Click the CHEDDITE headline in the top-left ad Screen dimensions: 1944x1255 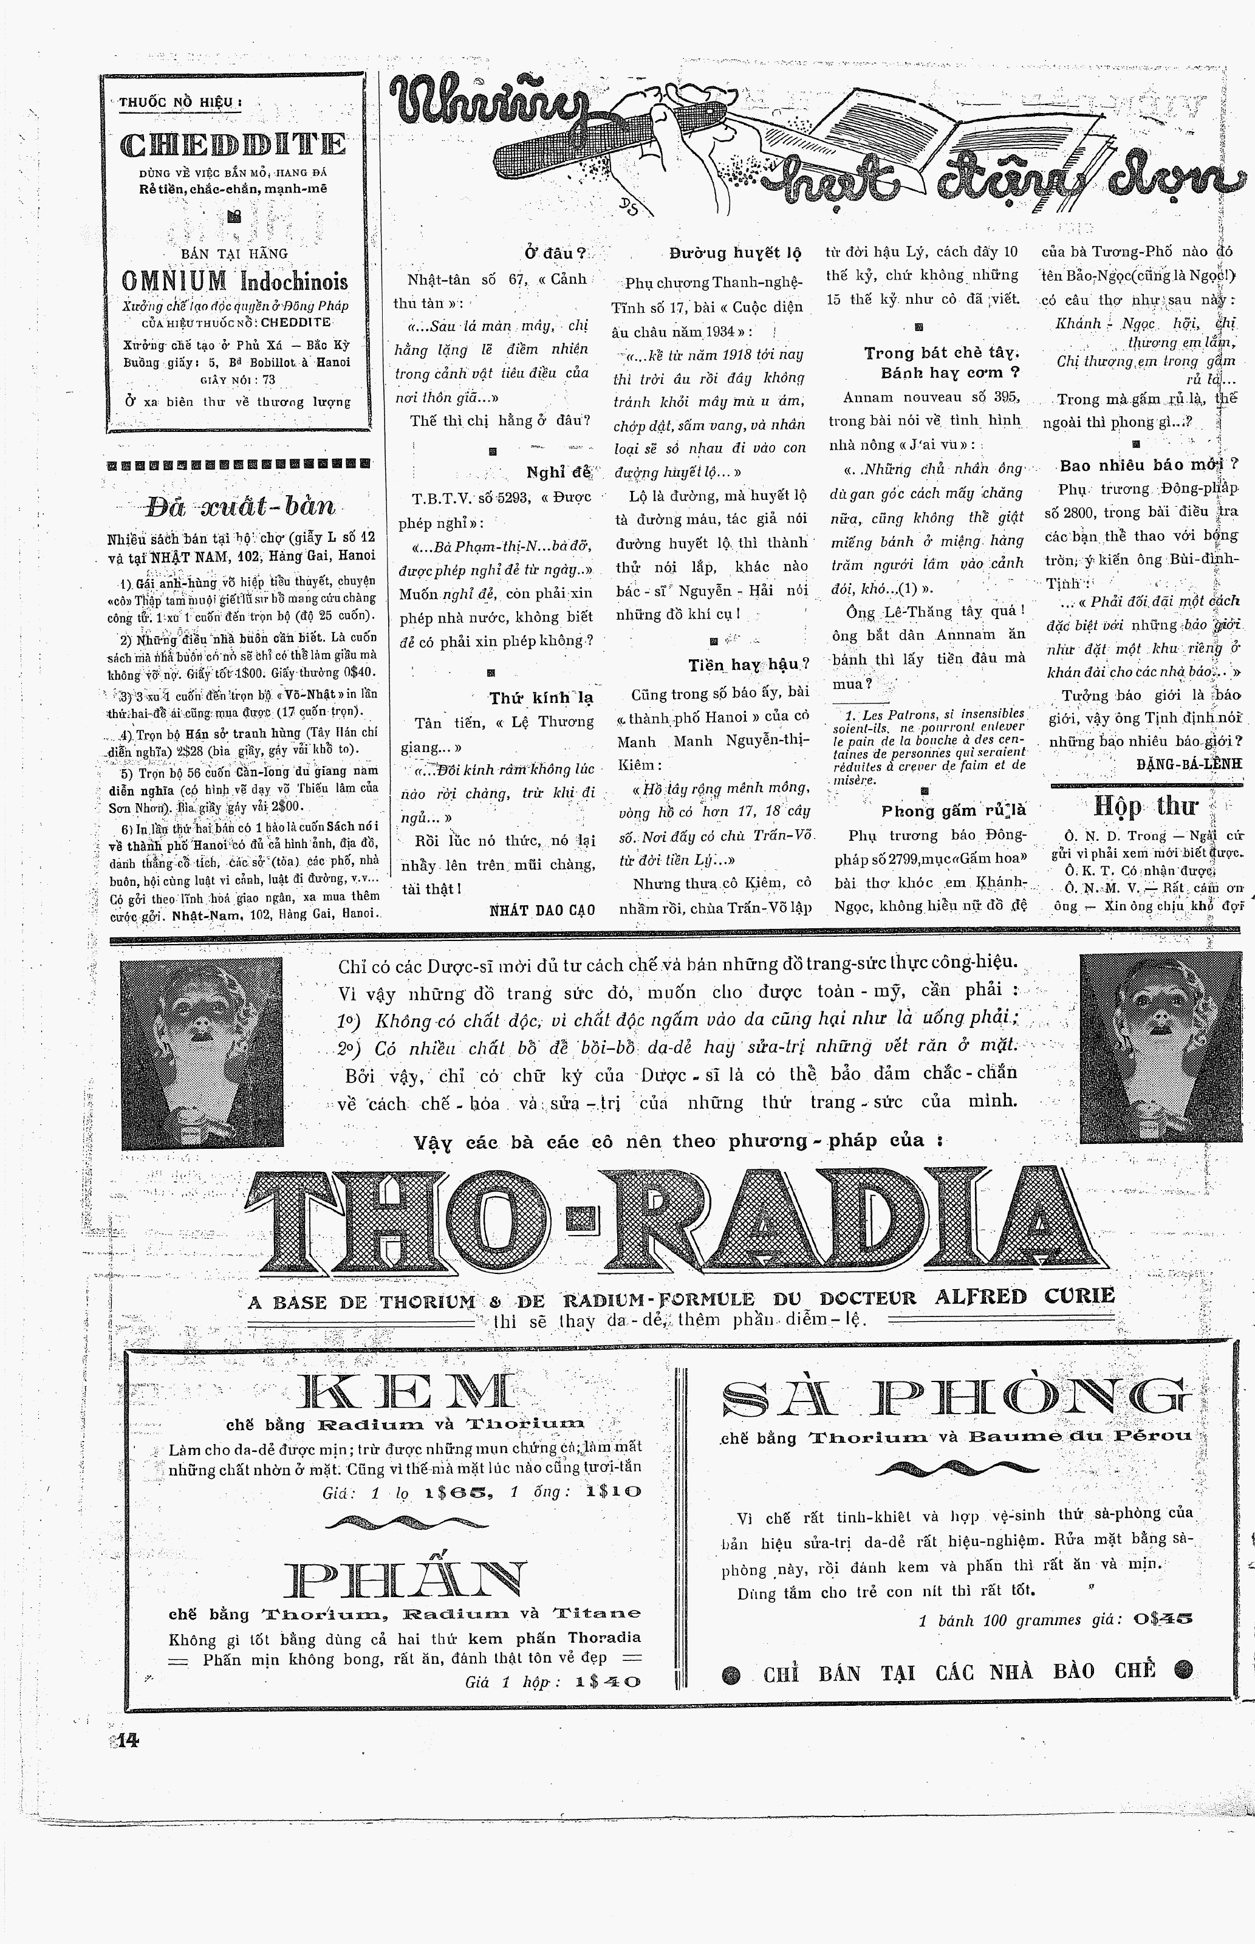click(x=233, y=145)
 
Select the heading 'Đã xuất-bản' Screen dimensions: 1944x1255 click(x=241, y=507)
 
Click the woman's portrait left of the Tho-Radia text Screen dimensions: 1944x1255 click(x=201, y=1053)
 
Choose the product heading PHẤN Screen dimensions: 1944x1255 click(x=405, y=1580)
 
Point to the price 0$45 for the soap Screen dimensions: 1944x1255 click(x=1161, y=1619)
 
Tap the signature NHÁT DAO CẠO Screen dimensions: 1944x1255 click(x=542, y=910)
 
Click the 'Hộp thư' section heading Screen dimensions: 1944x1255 click(x=1144, y=806)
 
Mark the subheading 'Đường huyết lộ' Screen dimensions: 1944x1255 click(x=735, y=253)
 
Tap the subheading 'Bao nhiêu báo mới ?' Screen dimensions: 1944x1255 click(x=1148, y=465)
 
